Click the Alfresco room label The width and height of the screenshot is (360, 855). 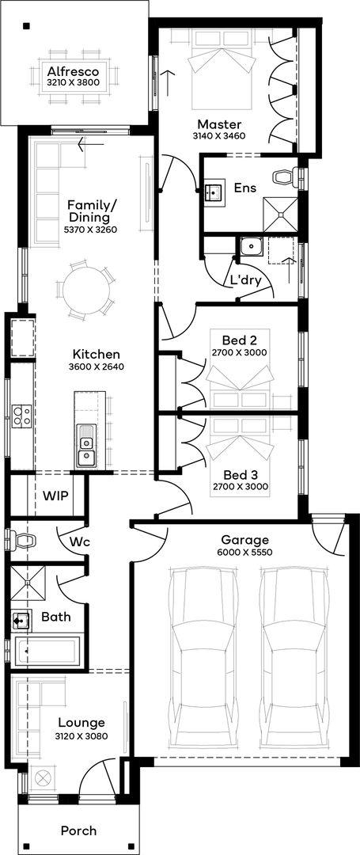tap(73, 71)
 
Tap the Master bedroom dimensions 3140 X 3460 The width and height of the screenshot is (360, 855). tap(219, 136)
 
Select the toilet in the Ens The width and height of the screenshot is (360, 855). tap(286, 177)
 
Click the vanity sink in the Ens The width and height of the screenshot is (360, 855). tap(213, 192)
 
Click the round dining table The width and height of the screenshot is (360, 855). tap(85, 288)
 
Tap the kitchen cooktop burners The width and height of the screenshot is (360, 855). tap(21, 414)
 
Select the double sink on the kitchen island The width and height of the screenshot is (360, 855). tap(85, 445)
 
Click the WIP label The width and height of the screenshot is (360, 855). tap(55, 496)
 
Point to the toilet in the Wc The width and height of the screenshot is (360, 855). tap(23, 541)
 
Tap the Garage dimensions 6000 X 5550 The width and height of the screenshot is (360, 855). tap(245, 552)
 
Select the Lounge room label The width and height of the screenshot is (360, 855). tap(81, 723)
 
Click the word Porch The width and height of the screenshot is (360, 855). tap(79, 830)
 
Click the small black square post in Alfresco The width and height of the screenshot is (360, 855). tap(25, 25)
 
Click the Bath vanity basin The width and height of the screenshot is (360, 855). tap(22, 620)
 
